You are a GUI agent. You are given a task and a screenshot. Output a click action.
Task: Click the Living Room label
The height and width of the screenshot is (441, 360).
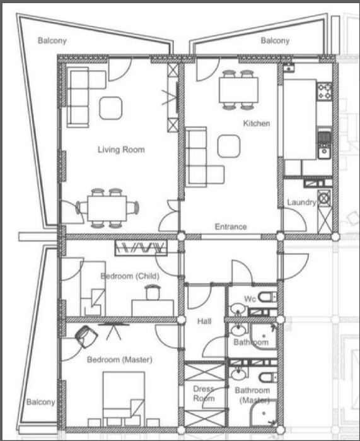(x=121, y=150)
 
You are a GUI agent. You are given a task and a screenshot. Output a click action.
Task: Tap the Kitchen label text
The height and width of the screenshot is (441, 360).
(x=257, y=123)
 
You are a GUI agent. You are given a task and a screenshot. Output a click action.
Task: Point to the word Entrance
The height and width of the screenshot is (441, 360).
(x=231, y=226)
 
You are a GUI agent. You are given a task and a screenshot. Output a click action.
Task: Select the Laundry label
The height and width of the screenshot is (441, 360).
(x=301, y=203)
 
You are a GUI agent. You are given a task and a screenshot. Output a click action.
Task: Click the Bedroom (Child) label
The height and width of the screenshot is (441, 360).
(x=130, y=276)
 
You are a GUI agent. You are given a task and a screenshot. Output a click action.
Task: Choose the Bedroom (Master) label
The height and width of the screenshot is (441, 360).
(x=120, y=360)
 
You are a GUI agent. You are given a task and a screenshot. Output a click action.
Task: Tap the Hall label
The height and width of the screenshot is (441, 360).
(x=204, y=321)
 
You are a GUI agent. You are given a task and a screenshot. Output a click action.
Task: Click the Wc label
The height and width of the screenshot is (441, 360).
(x=250, y=298)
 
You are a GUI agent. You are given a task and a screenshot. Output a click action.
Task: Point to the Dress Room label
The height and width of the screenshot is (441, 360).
(x=204, y=394)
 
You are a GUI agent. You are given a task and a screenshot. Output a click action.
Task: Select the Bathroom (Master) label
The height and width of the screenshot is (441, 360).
(x=252, y=395)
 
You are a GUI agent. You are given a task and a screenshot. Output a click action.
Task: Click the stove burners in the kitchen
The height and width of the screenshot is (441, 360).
(x=325, y=91)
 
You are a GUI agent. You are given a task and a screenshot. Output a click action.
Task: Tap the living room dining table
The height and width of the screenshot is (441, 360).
(x=107, y=208)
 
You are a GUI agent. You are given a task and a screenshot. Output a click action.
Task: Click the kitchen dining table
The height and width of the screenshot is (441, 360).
(x=238, y=90)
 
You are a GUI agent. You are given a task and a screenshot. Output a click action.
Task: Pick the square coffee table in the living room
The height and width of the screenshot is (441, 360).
(x=111, y=108)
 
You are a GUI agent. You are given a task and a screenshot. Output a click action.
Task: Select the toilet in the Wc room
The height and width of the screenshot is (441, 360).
(x=267, y=297)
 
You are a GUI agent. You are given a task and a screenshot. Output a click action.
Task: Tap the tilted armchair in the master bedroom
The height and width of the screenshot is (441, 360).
(x=86, y=336)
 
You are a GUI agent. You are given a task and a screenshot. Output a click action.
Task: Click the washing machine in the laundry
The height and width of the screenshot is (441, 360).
(x=324, y=198)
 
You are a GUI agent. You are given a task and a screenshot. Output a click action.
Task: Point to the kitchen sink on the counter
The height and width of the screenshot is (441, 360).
(x=325, y=152)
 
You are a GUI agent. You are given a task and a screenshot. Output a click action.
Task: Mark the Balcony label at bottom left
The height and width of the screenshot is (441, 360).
(x=41, y=402)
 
